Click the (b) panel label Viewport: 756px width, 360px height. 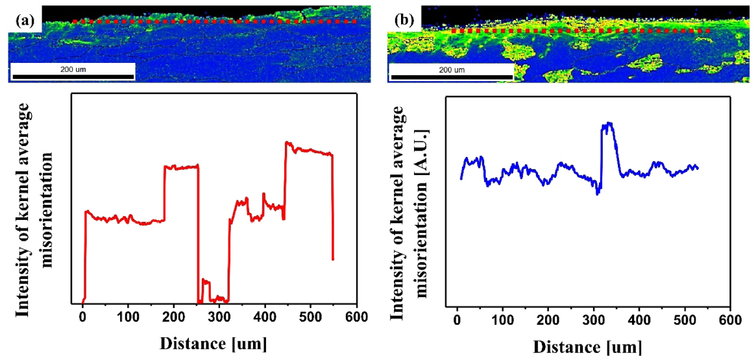pos(404,20)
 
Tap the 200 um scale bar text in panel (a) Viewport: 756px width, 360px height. pos(73,69)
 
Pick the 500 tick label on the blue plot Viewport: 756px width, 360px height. pos(685,320)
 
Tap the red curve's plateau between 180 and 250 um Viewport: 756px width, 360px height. pos(181,167)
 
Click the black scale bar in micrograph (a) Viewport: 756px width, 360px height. pos(73,77)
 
